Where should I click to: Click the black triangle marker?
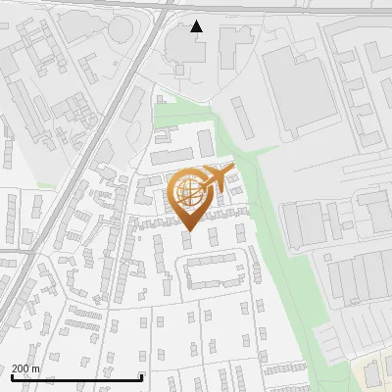pyautogui.click(x=197, y=26)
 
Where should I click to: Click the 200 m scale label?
pyautogui.click(x=25, y=368)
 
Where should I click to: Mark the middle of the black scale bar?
pyautogui.click(x=77, y=377)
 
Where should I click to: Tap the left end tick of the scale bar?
pyautogui.click(x=13, y=377)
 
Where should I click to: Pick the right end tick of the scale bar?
pyautogui.click(x=142, y=377)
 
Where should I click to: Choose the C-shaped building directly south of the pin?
pyautogui.click(x=215, y=270)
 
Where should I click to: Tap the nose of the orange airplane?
pyautogui.click(x=232, y=171)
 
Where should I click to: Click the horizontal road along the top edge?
pyautogui.click(x=294, y=8)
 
